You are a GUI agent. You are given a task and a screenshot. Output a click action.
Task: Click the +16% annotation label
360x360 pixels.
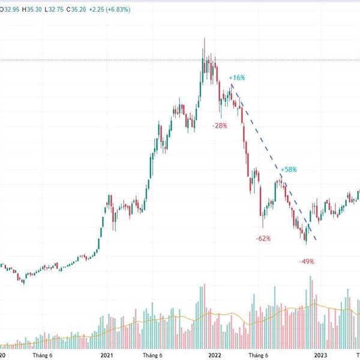[x=237, y=78]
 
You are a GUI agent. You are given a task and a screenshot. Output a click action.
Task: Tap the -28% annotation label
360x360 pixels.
[x=220, y=125]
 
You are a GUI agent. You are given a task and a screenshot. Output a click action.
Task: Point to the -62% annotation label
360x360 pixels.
[x=263, y=238]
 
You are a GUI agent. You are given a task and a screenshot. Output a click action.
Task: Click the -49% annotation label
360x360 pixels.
[x=307, y=262]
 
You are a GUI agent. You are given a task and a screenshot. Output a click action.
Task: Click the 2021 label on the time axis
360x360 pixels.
[x=107, y=355]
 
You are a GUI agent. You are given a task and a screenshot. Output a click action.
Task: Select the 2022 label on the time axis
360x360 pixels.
[x=214, y=355]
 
